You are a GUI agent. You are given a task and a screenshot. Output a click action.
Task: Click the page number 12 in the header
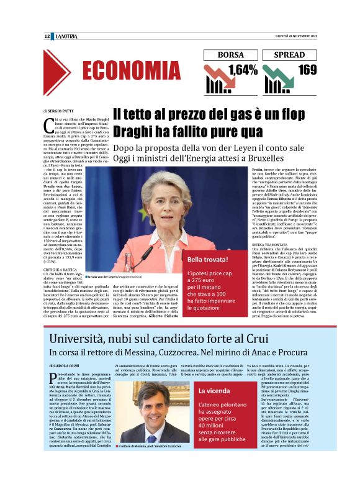tap(47, 37)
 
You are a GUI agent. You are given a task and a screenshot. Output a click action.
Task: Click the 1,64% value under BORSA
tap(243, 70)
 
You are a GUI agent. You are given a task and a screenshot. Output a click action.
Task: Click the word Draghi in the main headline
tap(136, 132)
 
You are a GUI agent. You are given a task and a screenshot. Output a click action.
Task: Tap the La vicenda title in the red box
tap(215, 391)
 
